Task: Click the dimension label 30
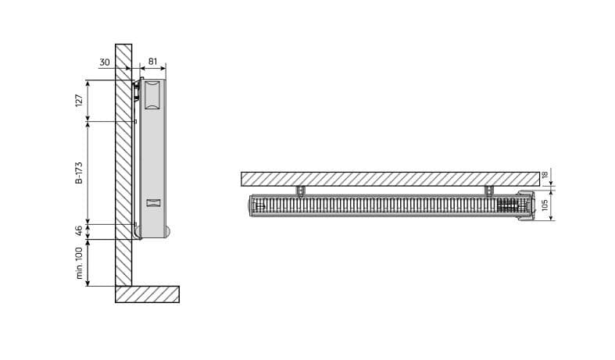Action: point(105,62)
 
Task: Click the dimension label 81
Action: point(152,62)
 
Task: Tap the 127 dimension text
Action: point(79,101)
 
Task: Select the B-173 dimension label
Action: point(79,173)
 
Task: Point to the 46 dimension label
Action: point(79,231)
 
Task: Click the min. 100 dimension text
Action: point(79,262)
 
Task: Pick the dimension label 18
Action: point(545,175)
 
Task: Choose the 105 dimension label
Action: point(545,205)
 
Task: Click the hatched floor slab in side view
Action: point(148,294)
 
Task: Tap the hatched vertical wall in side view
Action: point(123,165)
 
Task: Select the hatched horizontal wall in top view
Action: point(390,179)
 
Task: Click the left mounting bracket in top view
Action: point(300,191)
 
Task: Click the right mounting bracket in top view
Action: point(489,191)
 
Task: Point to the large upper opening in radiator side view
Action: point(152,94)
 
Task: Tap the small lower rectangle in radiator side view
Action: point(153,203)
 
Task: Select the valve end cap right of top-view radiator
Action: point(526,205)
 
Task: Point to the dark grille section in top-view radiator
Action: point(508,205)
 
